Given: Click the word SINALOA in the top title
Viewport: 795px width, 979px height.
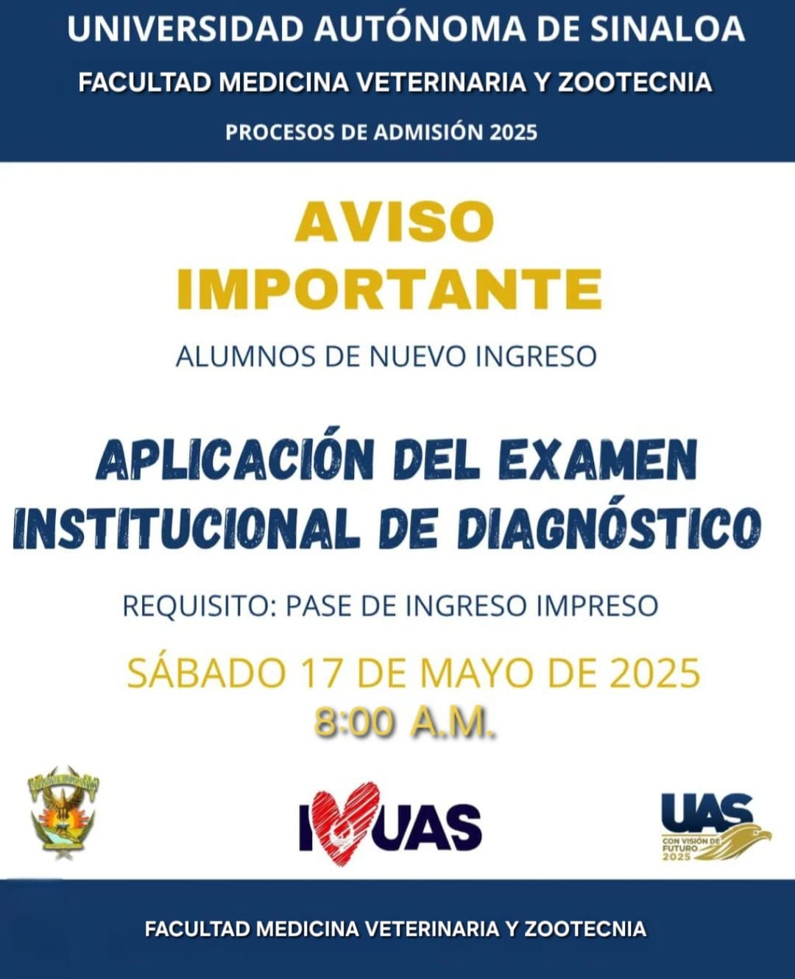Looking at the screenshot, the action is [667, 29].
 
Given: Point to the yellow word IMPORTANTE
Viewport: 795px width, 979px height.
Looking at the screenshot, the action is [389, 289].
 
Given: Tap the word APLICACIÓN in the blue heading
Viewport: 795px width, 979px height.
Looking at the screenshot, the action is [235, 459].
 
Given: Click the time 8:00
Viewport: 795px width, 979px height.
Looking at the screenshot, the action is [354, 725].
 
